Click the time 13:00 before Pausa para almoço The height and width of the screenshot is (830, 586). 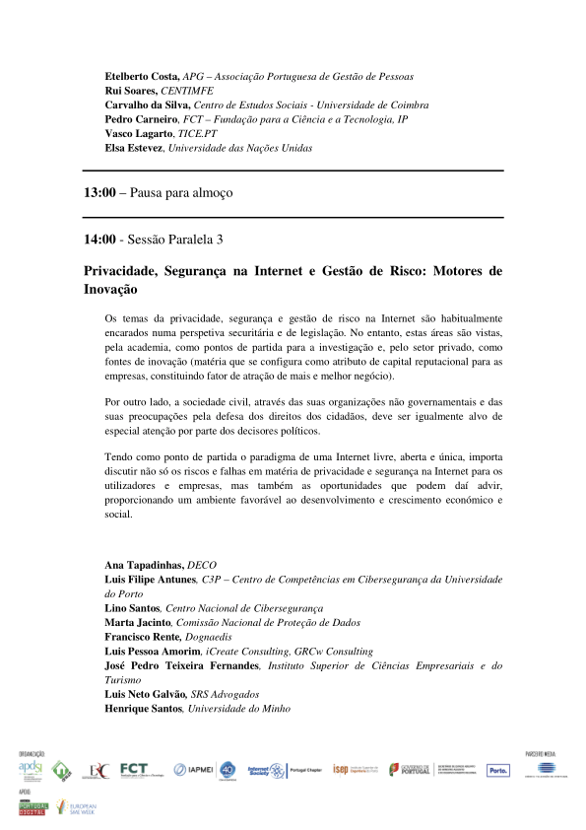point(99,194)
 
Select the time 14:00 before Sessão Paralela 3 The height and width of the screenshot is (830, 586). point(99,240)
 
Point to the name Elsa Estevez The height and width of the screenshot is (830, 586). point(135,148)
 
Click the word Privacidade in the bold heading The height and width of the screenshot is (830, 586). point(120,270)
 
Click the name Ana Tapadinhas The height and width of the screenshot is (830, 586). point(145,565)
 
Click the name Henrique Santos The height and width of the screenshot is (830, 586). point(143,709)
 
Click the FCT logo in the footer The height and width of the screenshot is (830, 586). point(134,770)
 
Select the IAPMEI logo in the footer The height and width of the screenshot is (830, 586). point(194,770)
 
